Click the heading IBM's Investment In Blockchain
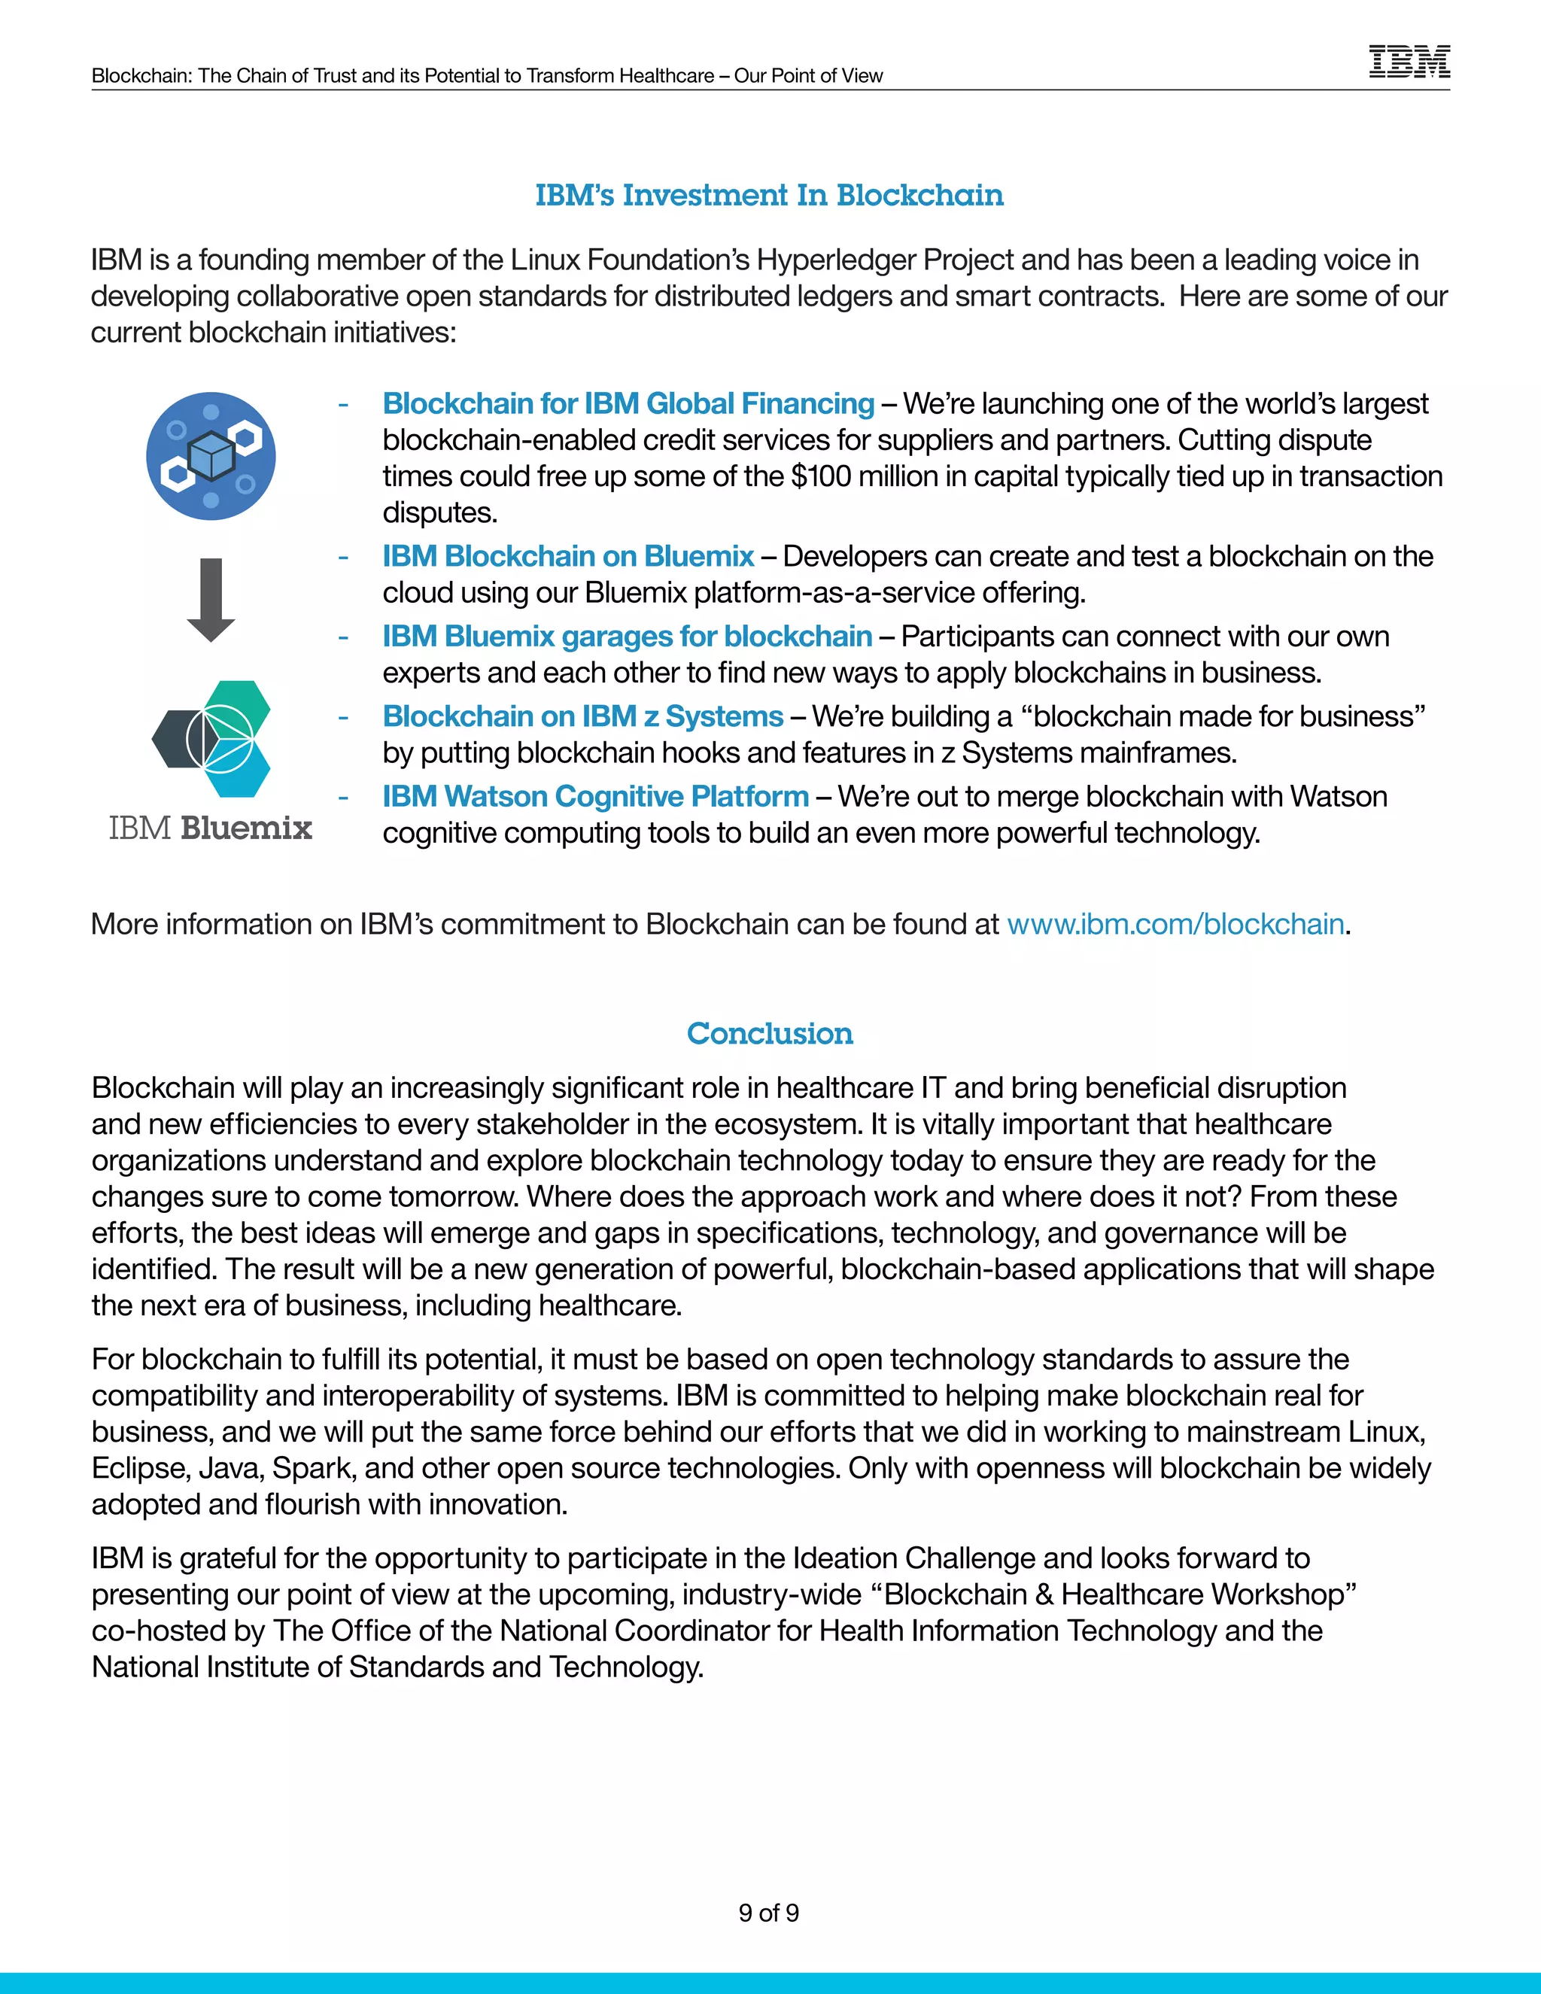[769, 196]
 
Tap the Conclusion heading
[770, 1034]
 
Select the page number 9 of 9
[769, 1913]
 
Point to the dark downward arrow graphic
[211, 600]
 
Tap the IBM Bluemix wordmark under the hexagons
[211, 828]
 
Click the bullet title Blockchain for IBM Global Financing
[628, 403]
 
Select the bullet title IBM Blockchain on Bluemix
[568, 556]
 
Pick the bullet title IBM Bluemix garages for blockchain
[628, 637]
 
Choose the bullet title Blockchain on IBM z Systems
[582, 716]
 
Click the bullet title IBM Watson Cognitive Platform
[595, 796]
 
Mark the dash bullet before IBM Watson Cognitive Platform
[343, 797]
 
